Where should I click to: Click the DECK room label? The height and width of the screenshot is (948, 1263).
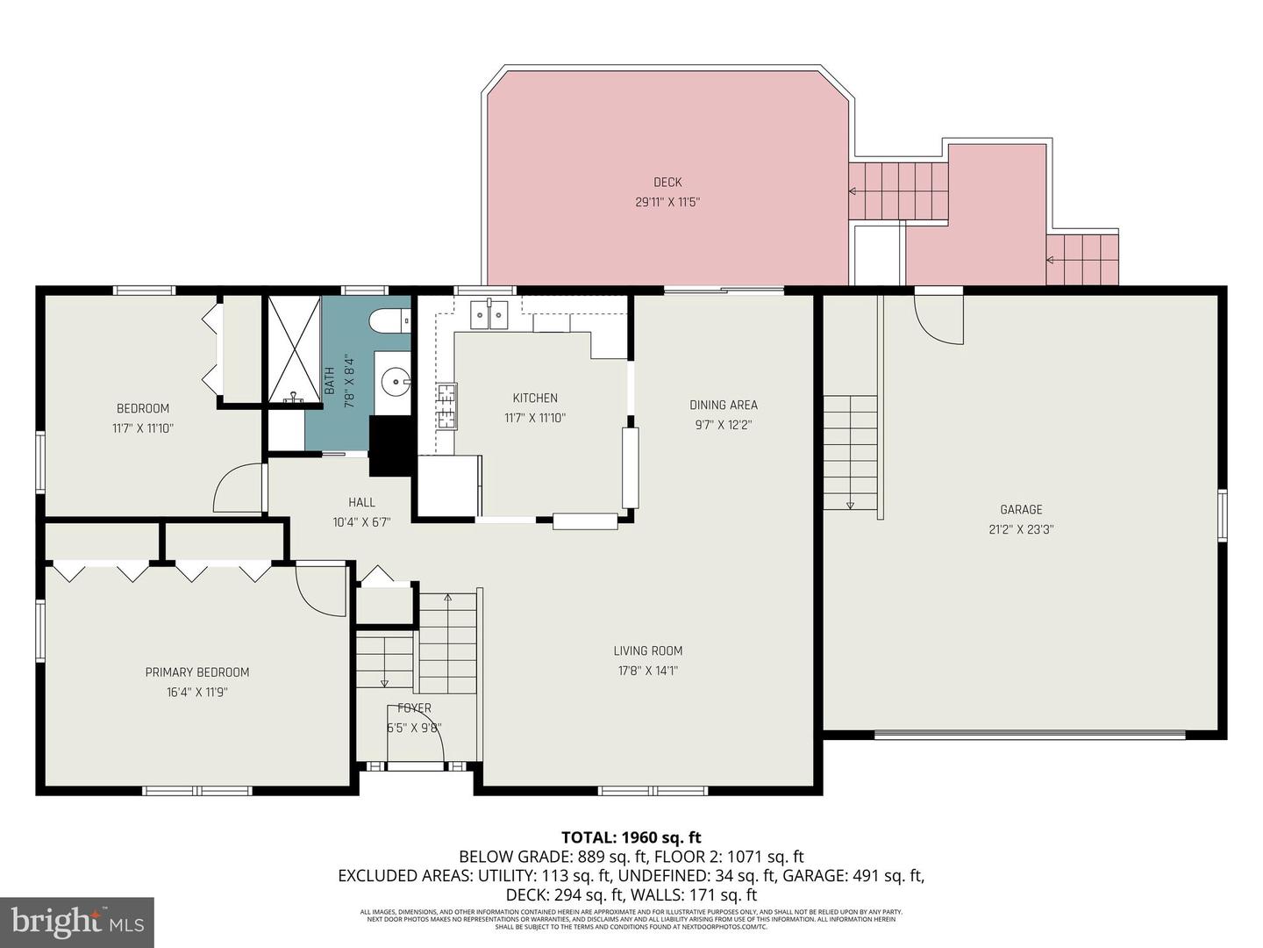click(x=667, y=183)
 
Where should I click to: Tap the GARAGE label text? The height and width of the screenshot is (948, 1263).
click(x=1021, y=509)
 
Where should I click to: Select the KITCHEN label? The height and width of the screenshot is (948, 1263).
click(x=535, y=399)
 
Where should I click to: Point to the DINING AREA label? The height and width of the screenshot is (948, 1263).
click(x=723, y=405)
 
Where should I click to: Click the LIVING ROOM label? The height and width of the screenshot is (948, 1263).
click(x=647, y=650)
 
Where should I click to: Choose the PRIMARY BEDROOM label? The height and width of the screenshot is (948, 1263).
click(x=197, y=672)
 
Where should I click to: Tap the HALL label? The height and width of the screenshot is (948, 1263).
click(x=361, y=502)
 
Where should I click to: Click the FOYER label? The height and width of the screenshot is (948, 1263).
click(x=414, y=708)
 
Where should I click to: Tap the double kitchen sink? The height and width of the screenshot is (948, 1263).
click(x=489, y=314)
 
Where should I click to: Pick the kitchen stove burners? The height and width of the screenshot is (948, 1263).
click(x=446, y=406)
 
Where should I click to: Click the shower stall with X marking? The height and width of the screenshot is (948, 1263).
click(x=294, y=349)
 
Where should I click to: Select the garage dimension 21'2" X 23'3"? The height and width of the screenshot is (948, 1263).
click(x=1021, y=529)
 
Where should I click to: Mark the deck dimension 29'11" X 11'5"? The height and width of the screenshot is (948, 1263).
click(x=667, y=203)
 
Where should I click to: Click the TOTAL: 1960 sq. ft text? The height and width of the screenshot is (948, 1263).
click(x=631, y=837)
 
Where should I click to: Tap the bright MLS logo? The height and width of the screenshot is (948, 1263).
click(x=77, y=922)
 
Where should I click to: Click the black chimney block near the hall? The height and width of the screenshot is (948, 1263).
click(x=390, y=445)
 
